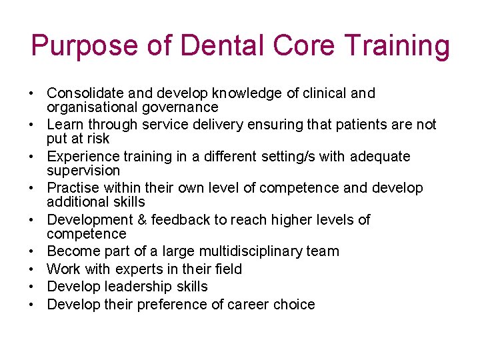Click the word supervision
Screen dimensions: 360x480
83,171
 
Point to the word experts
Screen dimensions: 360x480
131,269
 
